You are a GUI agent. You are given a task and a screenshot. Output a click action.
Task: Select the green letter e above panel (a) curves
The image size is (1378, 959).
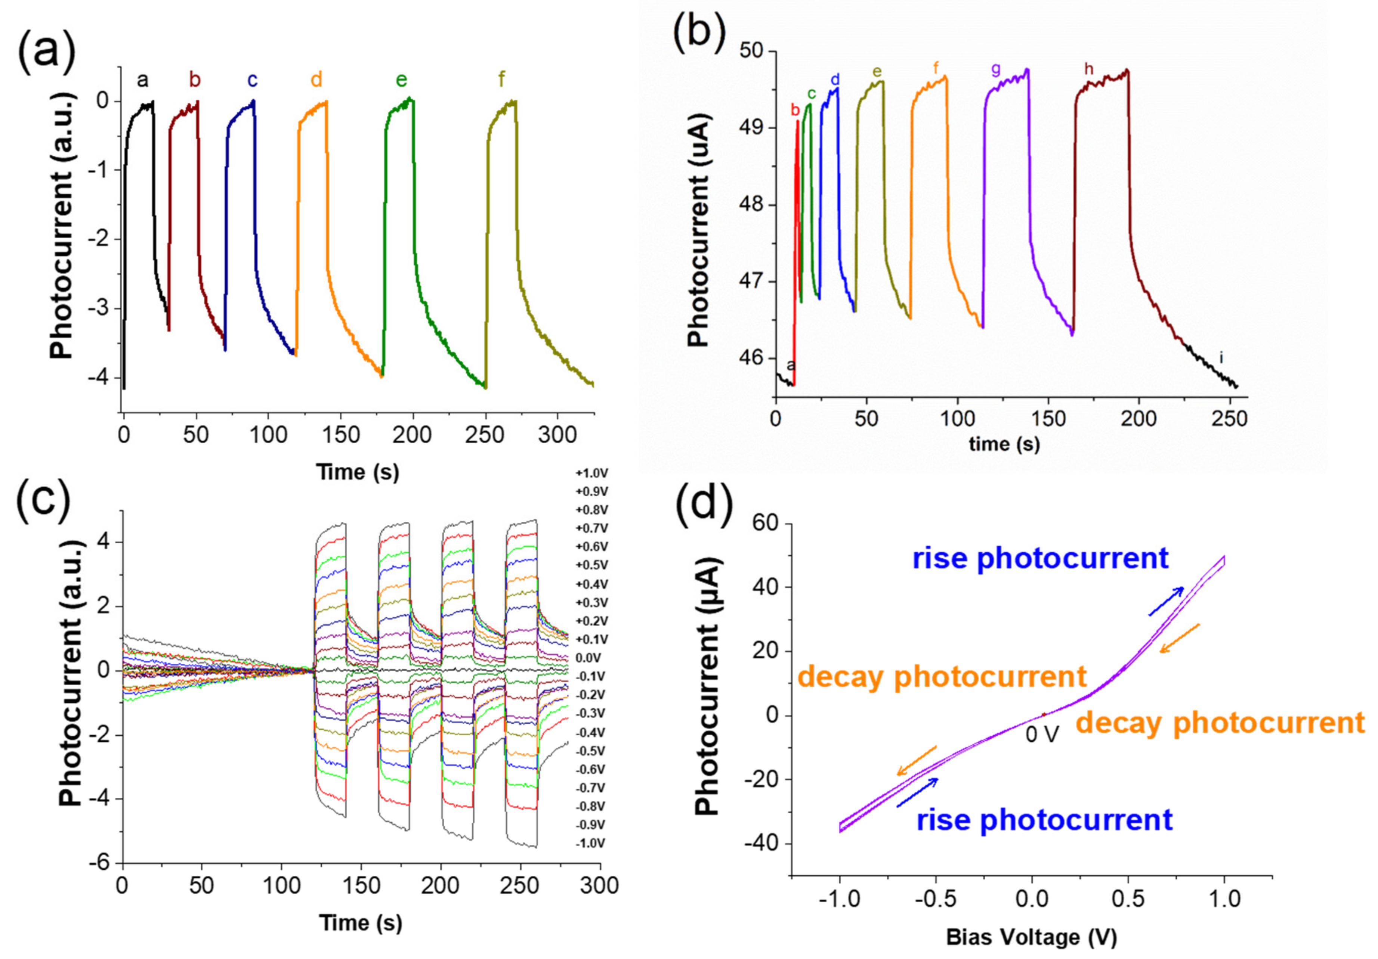coord(402,80)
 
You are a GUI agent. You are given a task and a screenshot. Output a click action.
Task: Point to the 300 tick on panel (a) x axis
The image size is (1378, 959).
coord(557,434)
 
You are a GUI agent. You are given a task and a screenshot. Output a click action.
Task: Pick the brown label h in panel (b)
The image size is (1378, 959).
coord(1089,69)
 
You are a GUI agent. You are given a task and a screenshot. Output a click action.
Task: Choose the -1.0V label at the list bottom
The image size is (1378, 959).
coord(591,843)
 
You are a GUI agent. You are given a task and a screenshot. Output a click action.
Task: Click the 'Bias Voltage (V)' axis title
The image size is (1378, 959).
coord(1032,936)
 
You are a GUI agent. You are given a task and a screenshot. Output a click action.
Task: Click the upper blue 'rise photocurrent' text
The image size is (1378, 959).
coord(1041,558)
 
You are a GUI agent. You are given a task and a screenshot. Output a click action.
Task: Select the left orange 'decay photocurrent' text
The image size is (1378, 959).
coord(942,677)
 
